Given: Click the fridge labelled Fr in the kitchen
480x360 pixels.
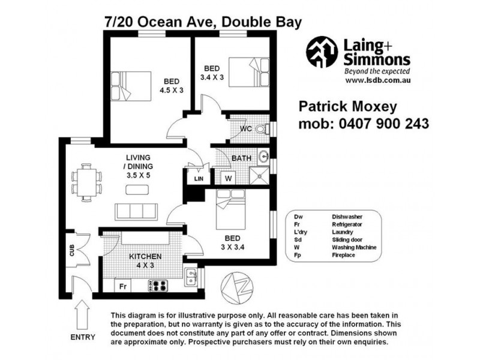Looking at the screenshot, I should click(x=122, y=286).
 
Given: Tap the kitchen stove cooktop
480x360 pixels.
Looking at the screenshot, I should click(x=160, y=286).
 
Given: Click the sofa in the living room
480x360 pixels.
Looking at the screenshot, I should click(x=136, y=211).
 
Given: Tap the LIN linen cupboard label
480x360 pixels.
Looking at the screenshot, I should click(x=198, y=179).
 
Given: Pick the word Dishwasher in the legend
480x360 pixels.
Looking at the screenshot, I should click(x=348, y=216).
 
